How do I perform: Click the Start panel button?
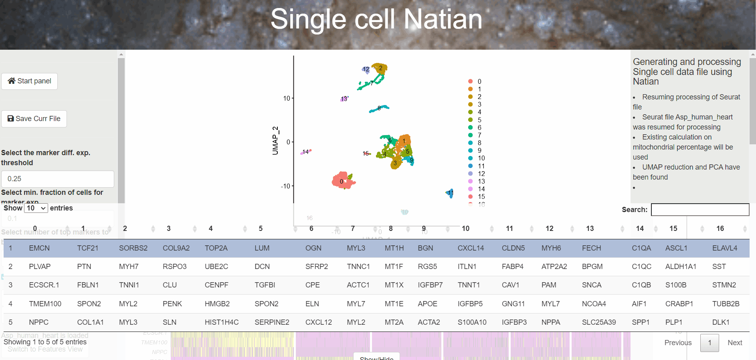pyautogui.click(x=30, y=81)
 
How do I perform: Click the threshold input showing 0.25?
pyautogui.click(x=57, y=179)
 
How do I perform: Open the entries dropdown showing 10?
pyautogui.click(x=36, y=208)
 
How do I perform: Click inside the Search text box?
pyautogui.click(x=700, y=210)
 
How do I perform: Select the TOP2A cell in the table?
pyautogui.click(x=216, y=248)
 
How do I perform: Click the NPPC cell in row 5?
pyautogui.click(x=39, y=322)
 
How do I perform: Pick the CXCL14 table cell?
pyautogui.click(x=471, y=248)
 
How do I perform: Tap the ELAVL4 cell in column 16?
pyautogui.click(x=724, y=248)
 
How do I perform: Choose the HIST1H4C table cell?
pyautogui.click(x=222, y=322)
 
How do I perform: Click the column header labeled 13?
pyautogui.click(x=590, y=229)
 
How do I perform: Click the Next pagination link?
pyautogui.click(x=735, y=343)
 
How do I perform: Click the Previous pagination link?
pyautogui.click(x=678, y=343)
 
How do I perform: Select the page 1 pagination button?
pyautogui.click(x=710, y=343)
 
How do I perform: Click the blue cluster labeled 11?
pyautogui.click(x=451, y=193)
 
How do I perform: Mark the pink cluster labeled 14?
pyautogui.click(x=306, y=152)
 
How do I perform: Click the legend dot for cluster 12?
pyautogui.click(x=471, y=174)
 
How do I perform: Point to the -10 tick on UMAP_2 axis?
pyautogui.click(x=285, y=186)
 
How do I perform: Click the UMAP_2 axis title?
pyautogui.click(x=275, y=140)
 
